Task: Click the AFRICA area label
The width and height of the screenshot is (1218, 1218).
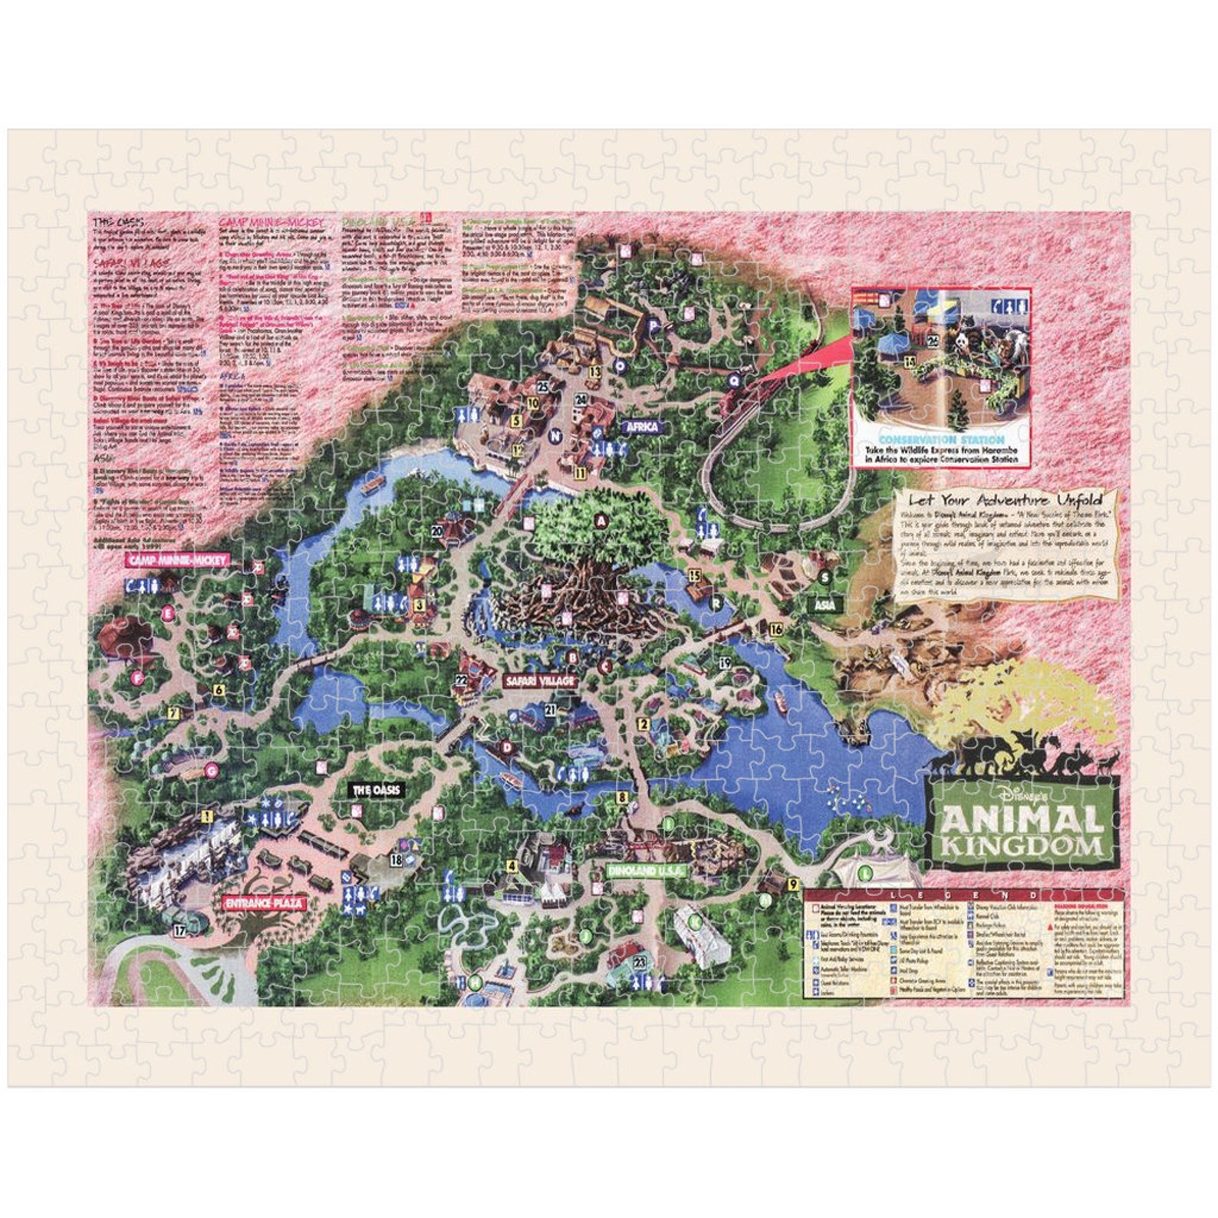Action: coord(642,426)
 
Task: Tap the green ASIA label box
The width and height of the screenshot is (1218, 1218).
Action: coord(825,605)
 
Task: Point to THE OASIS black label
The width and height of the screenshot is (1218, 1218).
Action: coord(376,790)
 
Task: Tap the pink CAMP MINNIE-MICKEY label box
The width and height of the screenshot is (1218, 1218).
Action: coord(178,560)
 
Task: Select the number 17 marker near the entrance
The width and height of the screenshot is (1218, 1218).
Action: coord(179,931)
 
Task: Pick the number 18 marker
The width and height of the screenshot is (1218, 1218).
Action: coord(396,860)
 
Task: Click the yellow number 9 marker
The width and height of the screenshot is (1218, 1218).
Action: coord(793,884)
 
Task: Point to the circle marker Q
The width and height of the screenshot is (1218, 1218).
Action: coord(734,379)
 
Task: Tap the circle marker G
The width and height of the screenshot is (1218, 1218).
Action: coord(212,771)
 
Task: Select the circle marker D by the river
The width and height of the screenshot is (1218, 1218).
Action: coord(506,746)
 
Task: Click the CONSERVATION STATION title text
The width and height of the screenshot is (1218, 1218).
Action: coord(941,439)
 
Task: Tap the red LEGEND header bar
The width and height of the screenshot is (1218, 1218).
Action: coord(964,895)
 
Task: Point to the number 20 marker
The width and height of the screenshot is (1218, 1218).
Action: coord(437,531)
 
